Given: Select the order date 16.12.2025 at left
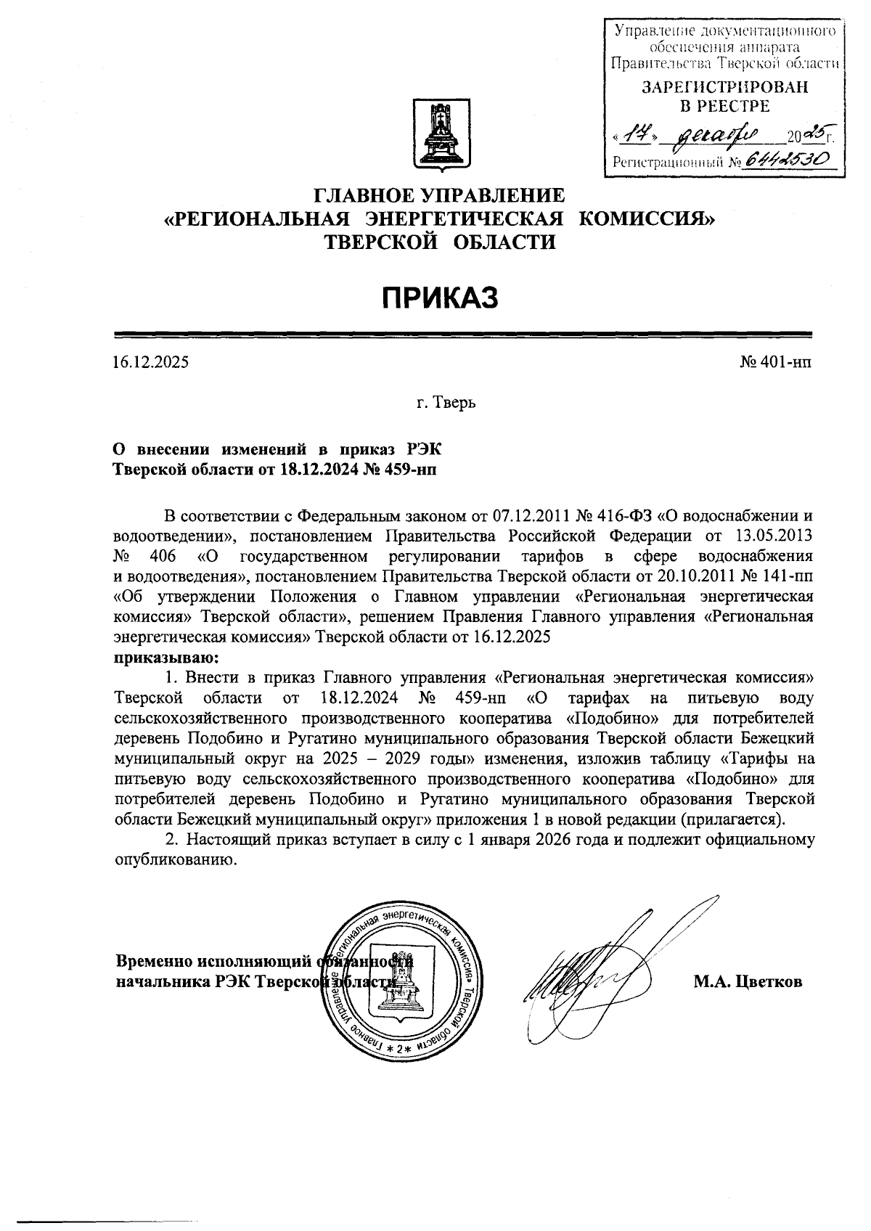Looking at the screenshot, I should [150, 361].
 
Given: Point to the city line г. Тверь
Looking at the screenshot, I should [446, 401].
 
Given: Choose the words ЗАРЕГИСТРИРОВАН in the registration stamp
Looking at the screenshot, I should [724, 88].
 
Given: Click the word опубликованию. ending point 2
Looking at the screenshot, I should [176, 859].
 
